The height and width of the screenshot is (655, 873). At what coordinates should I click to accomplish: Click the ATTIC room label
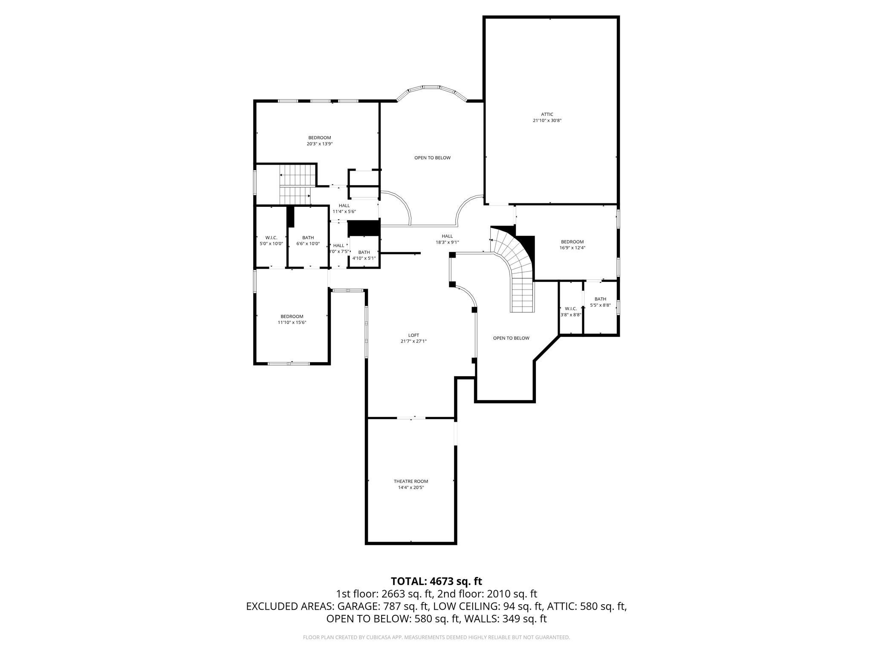[x=547, y=114]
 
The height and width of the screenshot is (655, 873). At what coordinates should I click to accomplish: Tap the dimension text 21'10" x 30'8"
[x=547, y=121]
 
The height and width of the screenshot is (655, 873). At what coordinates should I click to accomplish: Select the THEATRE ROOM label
[x=410, y=481]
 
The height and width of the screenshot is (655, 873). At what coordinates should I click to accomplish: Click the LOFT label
[x=413, y=335]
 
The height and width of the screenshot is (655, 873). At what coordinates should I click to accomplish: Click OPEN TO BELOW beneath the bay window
[x=432, y=158]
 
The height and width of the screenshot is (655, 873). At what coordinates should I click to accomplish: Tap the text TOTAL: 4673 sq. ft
[x=436, y=581]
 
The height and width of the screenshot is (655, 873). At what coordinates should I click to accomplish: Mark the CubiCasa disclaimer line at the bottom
[x=436, y=638]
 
